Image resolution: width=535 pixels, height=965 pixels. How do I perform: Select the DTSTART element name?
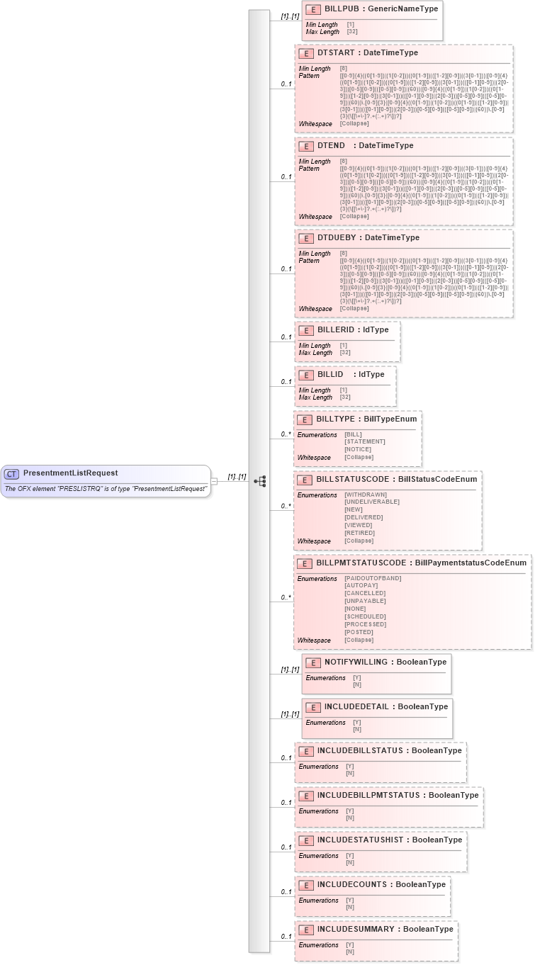click(x=335, y=53)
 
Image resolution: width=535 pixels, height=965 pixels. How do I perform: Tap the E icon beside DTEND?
click(x=306, y=146)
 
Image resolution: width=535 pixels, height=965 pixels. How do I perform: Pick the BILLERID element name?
click(x=336, y=330)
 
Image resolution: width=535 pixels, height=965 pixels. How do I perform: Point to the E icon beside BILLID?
click(x=306, y=375)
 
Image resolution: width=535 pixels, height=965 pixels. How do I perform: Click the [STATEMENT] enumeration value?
click(x=365, y=441)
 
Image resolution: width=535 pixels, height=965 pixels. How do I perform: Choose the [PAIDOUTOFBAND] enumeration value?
click(x=373, y=578)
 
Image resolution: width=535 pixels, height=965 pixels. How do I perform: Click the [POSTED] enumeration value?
click(x=359, y=632)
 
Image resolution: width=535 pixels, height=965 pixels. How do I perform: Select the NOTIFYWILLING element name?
click(x=356, y=662)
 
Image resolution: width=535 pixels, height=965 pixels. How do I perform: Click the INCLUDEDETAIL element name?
click(x=356, y=706)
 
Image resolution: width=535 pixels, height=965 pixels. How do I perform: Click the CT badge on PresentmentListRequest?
click(x=12, y=473)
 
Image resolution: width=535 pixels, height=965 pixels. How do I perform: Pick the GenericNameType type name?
click(x=402, y=9)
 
